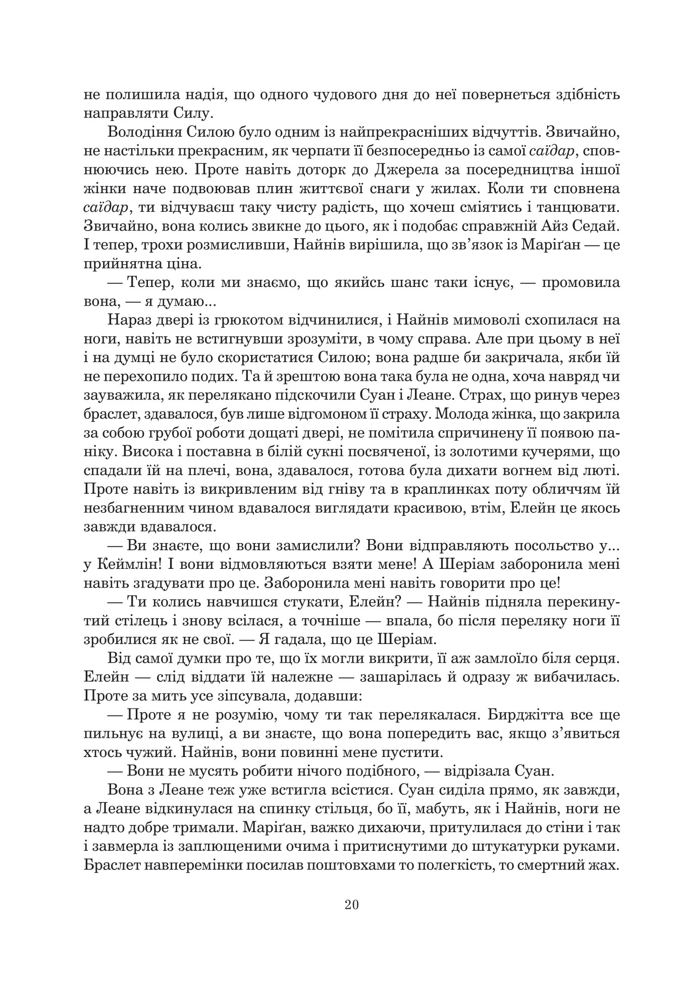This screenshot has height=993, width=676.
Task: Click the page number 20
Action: [351, 904]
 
